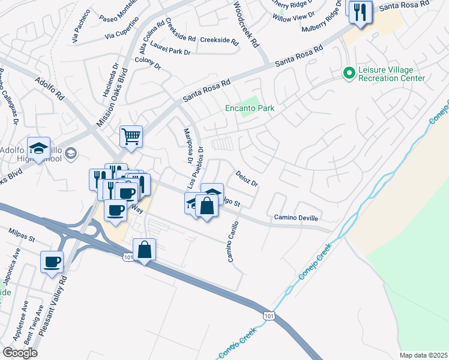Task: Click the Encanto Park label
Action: click(249, 109)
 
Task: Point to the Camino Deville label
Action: click(297, 217)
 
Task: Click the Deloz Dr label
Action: click(246, 178)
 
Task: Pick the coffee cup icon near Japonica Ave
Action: click(52, 262)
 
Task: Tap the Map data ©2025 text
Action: click(423, 355)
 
